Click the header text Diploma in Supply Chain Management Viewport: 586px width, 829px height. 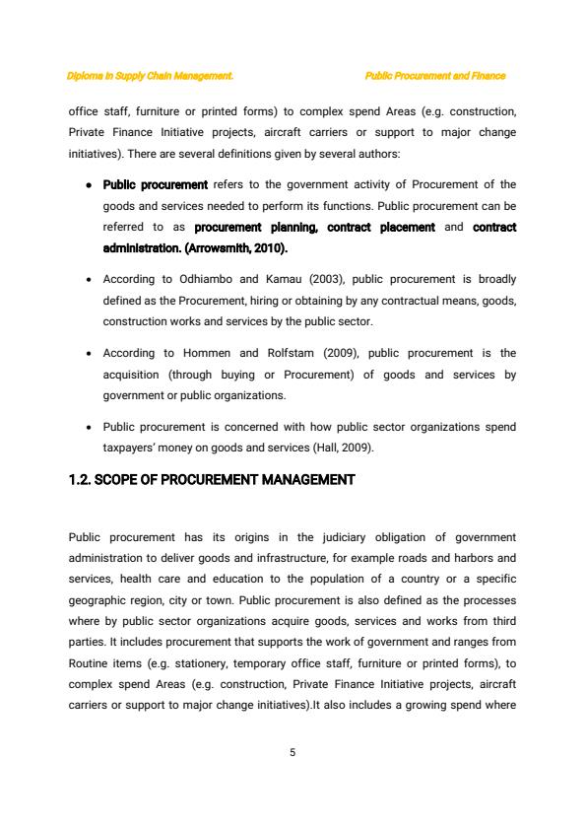[x=150, y=76]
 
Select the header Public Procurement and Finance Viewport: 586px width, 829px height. [x=434, y=76]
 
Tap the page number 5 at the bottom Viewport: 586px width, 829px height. [x=293, y=752]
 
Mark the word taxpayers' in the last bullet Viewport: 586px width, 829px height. [x=133, y=447]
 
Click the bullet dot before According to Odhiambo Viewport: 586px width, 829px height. [x=90, y=280]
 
